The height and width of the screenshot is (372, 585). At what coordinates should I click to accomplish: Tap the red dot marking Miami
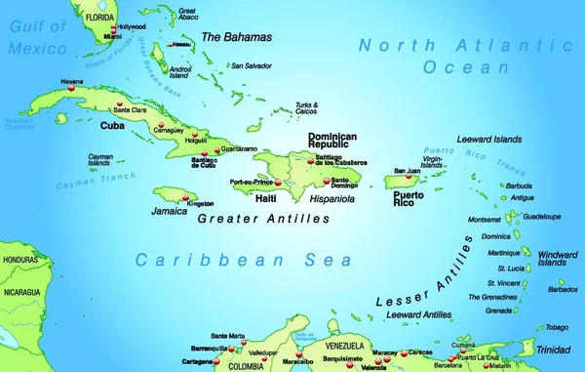pyautogui.click(x=112, y=33)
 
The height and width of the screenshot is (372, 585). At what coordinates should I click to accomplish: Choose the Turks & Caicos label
pyautogui.click(x=306, y=108)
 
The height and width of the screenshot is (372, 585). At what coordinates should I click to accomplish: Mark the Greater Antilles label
pyautogui.click(x=263, y=220)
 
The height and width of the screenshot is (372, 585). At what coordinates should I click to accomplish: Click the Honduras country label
pyautogui.click(x=19, y=261)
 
